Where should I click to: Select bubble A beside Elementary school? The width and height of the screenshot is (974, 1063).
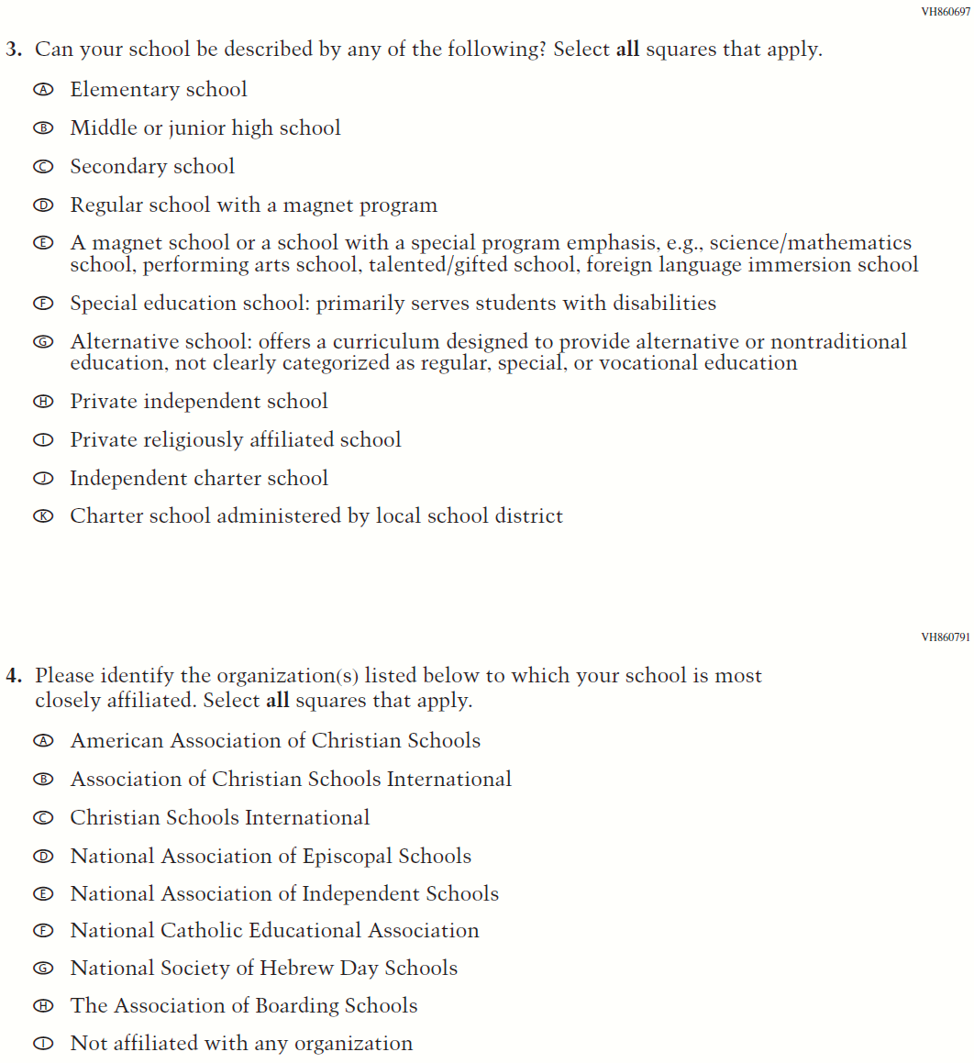tap(42, 90)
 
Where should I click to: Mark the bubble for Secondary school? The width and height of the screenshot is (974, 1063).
tap(42, 167)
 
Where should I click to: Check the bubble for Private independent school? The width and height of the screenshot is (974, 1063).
tap(42, 402)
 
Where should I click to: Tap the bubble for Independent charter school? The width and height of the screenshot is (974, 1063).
tap(42, 479)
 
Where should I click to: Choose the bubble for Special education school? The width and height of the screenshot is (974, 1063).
tap(42, 304)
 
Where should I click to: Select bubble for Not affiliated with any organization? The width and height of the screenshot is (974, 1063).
tap(42, 1044)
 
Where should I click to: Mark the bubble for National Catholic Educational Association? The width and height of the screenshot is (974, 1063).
tap(42, 931)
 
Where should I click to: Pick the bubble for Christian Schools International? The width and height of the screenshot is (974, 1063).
tap(42, 818)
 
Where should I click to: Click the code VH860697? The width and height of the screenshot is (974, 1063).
tap(946, 12)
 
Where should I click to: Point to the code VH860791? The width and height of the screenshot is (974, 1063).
tap(946, 637)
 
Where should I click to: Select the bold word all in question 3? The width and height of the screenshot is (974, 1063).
tap(627, 50)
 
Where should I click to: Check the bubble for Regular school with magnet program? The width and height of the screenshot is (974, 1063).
tap(42, 205)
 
